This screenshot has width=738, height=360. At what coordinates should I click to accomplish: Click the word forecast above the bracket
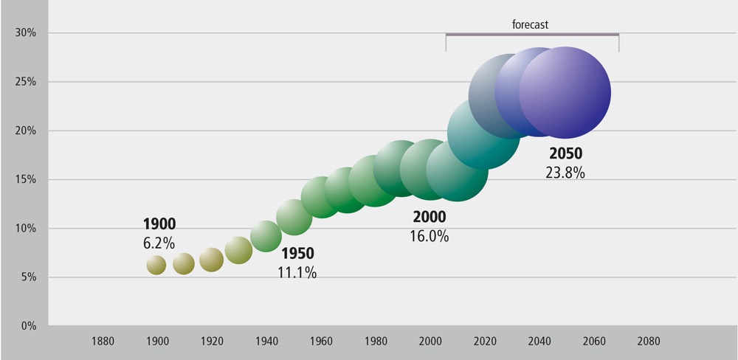coord(531,24)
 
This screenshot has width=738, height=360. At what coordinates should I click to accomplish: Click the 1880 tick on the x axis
coord(103,342)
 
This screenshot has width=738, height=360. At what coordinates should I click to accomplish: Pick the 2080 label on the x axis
coord(649,342)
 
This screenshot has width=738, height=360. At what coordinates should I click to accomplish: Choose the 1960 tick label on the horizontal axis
coord(321,342)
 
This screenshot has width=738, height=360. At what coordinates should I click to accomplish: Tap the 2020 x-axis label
coord(485,342)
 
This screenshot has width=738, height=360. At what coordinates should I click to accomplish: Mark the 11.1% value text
coord(297,273)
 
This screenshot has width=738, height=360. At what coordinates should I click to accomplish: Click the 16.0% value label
coord(430,237)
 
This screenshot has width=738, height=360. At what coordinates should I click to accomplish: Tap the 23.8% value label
coord(565,173)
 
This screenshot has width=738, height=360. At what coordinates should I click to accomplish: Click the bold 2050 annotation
coord(566,155)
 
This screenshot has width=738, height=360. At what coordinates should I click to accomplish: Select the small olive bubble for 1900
coord(156,265)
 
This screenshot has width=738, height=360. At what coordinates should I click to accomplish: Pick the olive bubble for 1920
coord(211,260)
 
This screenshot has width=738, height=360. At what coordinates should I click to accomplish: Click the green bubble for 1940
coord(266,237)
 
